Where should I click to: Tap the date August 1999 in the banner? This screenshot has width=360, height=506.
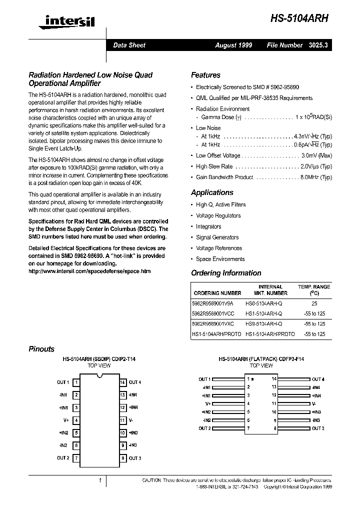tap(233, 45)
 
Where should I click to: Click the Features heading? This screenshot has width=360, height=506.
tap(205, 75)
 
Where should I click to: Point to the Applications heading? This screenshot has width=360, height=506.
tap(212, 192)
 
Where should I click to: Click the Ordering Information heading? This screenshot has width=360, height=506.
tap(226, 273)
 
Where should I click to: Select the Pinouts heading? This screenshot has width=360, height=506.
tap(41, 349)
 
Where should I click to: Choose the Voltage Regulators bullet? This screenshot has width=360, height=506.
tap(218, 215)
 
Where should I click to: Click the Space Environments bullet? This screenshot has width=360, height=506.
tap(220, 259)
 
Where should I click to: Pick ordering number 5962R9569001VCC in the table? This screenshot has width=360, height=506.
tap(212, 313)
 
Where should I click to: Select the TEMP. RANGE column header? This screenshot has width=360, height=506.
tap(314, 287)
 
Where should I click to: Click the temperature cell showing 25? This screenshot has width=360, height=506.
tap(314, 303)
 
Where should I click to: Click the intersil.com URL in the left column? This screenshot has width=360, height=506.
tap(89, 271)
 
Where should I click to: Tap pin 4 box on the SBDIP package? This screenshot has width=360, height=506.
tap(76, 420)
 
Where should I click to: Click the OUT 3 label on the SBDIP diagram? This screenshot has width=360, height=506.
tap(135, 458)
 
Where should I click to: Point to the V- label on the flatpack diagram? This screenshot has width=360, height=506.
tap(314, 403)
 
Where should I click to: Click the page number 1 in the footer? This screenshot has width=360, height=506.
tap(100, 480)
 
